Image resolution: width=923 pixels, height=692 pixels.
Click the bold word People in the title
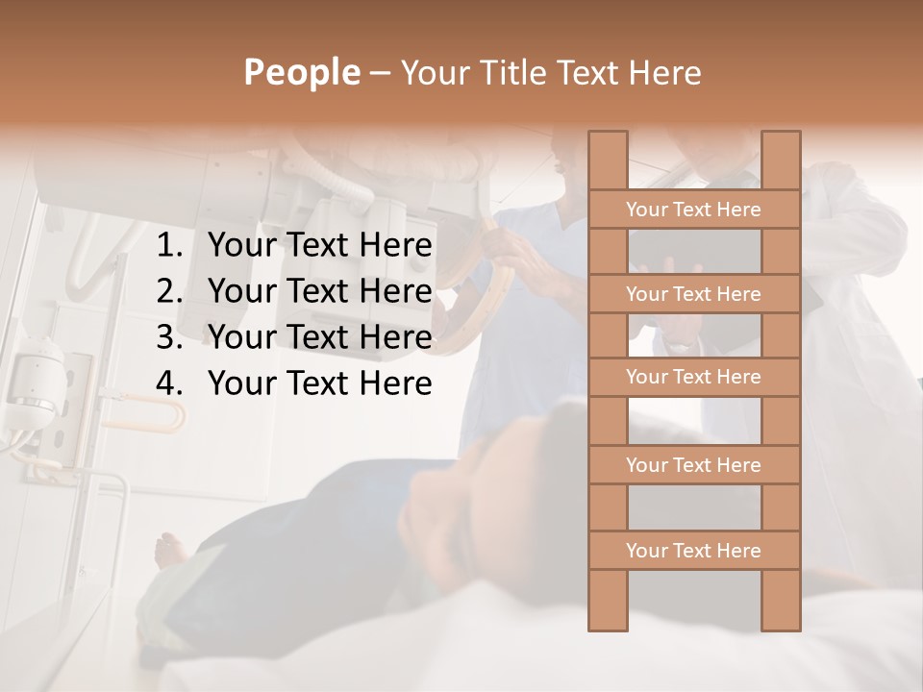301,72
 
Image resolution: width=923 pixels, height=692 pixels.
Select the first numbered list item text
319,246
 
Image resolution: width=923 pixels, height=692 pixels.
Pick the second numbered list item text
319,291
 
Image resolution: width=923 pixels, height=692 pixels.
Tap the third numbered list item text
319,337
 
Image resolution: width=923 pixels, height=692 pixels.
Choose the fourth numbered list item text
319,383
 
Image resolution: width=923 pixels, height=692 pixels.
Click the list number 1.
169,246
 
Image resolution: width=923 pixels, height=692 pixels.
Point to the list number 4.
169,383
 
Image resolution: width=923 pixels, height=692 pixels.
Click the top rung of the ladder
693,210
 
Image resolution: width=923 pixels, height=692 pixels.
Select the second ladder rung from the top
693,294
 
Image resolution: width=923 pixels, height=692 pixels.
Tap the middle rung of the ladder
693,377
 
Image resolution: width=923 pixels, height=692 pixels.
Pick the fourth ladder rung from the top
693,465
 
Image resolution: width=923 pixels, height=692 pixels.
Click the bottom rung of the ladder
693,551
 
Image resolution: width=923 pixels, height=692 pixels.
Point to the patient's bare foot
171,550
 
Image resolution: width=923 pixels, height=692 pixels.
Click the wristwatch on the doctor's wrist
681,342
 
